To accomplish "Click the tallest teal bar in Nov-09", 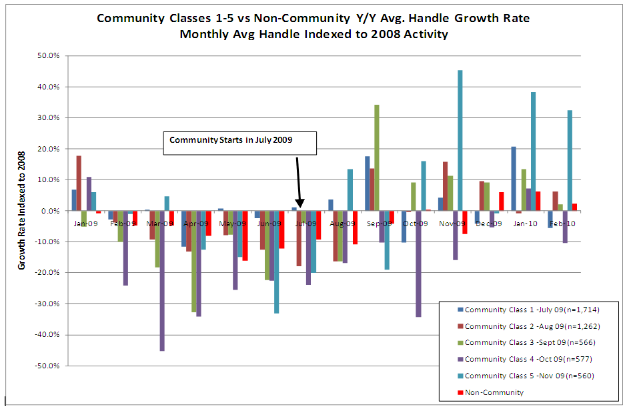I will point(460,140).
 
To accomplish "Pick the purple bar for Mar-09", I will point(162,280).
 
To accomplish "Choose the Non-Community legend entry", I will point(494,392).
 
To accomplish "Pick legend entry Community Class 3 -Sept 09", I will point(530,343).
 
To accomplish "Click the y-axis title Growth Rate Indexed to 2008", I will point(21,211).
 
